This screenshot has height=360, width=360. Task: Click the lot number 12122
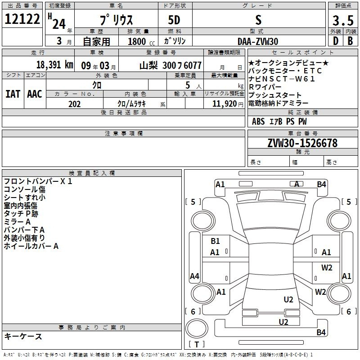point(22,20)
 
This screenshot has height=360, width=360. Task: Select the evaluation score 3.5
point(342,20)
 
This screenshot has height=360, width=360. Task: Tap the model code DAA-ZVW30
point(258,41)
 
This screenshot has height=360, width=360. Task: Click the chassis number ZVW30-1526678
point(302,143)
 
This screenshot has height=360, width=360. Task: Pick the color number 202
point(75,104)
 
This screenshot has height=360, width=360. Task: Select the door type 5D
point(174,21)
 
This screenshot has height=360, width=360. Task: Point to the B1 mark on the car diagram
point(216,241)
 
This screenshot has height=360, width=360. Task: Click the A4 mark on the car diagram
point(194,276)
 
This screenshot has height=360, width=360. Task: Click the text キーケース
point(23,337)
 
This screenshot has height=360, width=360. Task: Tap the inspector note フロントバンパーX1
point(38,181)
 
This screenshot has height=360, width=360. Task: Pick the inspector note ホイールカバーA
point(31,246)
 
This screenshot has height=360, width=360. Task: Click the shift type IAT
point(13,94)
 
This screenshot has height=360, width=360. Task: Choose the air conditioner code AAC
point(35,94)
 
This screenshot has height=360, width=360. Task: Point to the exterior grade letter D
point(335,41)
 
